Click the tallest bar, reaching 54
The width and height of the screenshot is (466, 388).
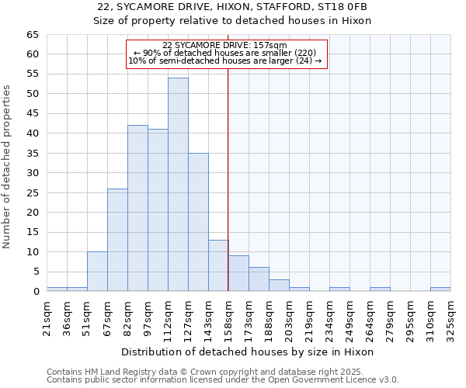[x=178, y=185]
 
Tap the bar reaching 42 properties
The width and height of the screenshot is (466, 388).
[x=137, y=208]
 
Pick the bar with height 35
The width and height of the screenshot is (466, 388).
[x=198, y=222]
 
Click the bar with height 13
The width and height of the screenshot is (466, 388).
[x=218, y=265]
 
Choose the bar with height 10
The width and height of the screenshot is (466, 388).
[x=97, y=272]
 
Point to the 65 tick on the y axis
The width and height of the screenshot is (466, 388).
[x=33, y=35]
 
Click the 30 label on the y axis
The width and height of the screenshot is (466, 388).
[x=33, y=173]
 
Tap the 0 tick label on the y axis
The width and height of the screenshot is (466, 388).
[x=36, y=292]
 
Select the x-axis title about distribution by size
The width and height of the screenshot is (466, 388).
[x=248, y=352]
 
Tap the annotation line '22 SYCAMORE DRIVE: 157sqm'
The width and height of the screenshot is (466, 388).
[x=225, y=45]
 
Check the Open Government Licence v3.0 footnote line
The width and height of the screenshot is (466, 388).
[x=223, y=380]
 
